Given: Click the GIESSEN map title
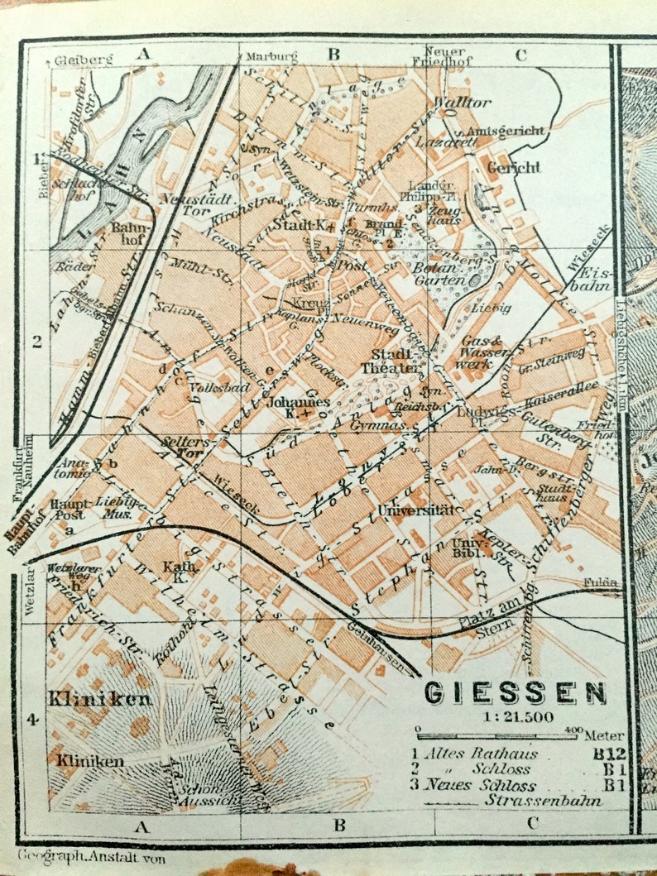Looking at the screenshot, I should pyautogui.click(x=515, y=692).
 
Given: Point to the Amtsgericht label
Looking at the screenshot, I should pyautogui.click(x=506, y=132).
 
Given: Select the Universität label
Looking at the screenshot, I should pyautogui.click(x=416, y=510).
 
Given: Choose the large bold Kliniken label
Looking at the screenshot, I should pyautogui.click(x=100, y=700).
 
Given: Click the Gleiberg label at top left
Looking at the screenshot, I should pyautogui.click(x=77, y=60).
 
